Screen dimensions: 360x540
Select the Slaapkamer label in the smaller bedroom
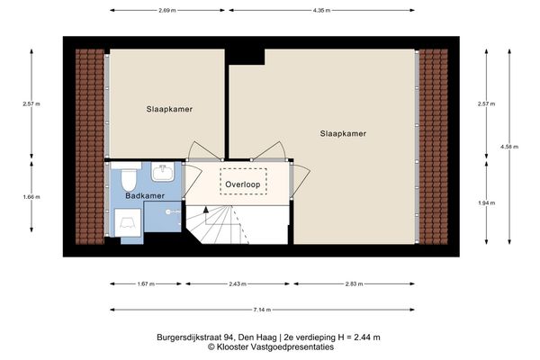170,109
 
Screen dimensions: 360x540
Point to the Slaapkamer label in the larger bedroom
343,133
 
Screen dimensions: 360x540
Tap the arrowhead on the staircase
207,210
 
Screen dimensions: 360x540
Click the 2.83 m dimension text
354,283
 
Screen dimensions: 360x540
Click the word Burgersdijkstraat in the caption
195,337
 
